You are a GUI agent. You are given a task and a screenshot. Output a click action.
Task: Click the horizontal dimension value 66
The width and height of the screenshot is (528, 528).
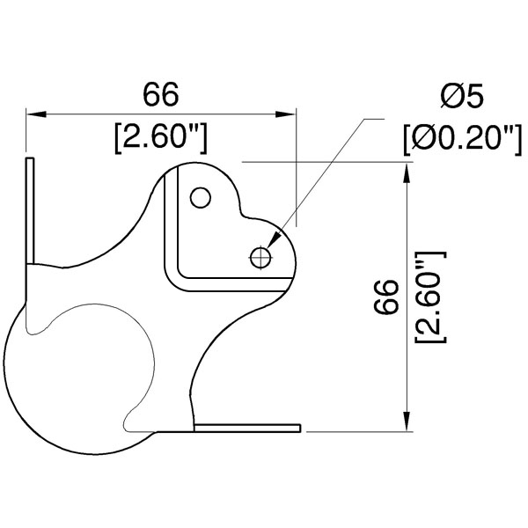point(161,95)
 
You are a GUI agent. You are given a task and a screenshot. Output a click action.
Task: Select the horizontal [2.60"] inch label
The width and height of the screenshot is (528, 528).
point(161,138)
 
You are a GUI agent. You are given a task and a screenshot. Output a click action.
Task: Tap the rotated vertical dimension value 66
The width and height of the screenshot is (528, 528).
point(386,297)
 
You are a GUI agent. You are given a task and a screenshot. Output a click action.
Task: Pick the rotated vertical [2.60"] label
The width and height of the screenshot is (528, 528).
point(430,297)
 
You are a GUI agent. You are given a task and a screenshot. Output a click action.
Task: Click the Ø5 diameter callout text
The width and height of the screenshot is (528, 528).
point(462,96)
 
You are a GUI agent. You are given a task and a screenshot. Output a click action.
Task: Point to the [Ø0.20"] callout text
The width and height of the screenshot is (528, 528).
point(463,139)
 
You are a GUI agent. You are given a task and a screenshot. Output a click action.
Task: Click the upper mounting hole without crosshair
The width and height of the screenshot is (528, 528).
point(201,197)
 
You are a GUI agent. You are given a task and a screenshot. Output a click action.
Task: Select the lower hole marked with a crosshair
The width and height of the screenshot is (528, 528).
point(260,258)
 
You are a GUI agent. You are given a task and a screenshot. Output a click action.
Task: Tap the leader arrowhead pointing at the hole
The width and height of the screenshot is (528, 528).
point(274,238)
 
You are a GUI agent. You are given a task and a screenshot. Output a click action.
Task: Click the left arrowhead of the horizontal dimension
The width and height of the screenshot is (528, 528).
point(36,114)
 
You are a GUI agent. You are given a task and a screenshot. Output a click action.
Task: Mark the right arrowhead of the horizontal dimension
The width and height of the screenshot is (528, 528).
point(285,114)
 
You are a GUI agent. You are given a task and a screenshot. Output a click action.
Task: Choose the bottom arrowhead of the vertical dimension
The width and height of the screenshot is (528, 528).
point(407,421)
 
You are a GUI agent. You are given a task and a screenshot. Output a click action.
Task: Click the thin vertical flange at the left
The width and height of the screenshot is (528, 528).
point(30,211)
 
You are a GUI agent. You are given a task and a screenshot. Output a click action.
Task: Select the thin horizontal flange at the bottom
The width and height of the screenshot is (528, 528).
point(247,428)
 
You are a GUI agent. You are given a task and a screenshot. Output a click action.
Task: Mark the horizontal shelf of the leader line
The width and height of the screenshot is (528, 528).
point(374,119)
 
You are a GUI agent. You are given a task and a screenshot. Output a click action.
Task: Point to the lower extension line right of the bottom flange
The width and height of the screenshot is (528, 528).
point(359,431)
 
